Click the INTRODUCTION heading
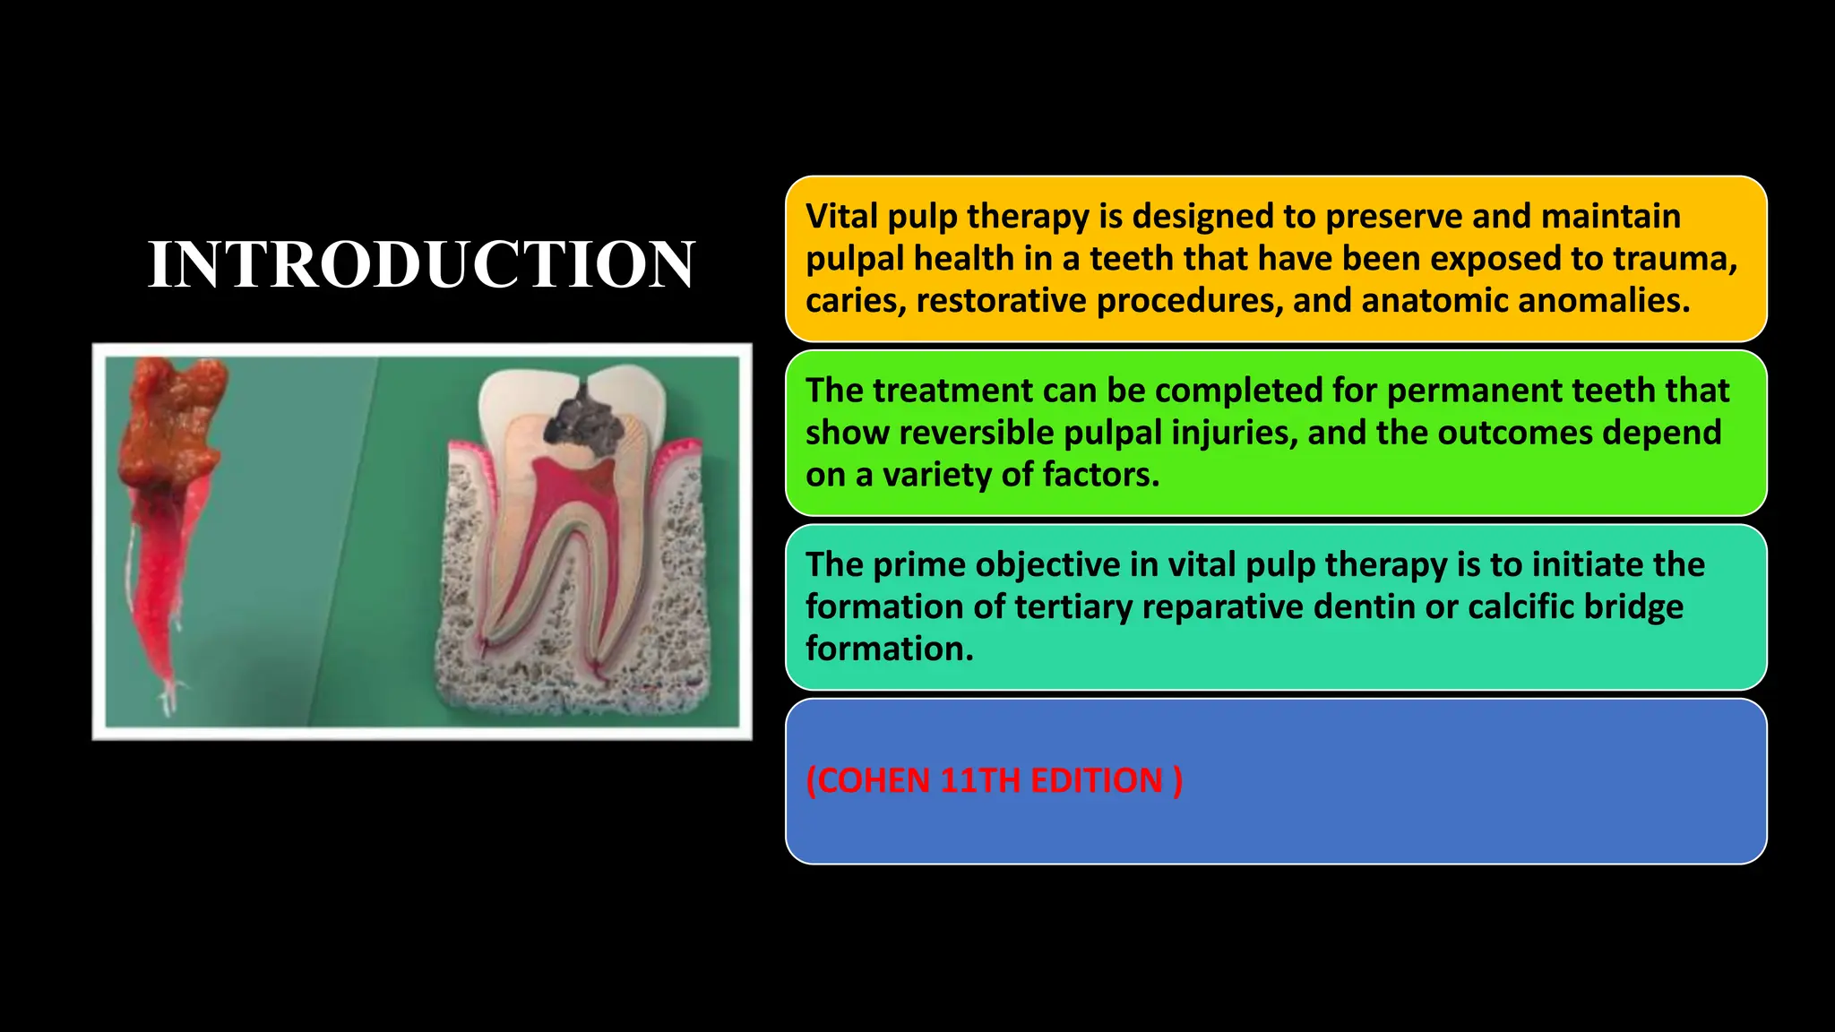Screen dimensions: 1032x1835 click(421, 264)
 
